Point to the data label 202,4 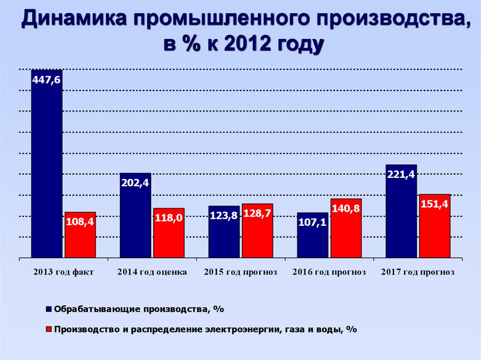(135, 184)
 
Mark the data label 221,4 (401, 175)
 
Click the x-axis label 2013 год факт (63, 272)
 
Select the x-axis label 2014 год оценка (152, 272)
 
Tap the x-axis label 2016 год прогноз (329, 272)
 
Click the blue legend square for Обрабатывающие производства (48, 309)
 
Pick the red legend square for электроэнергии (48, 329)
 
